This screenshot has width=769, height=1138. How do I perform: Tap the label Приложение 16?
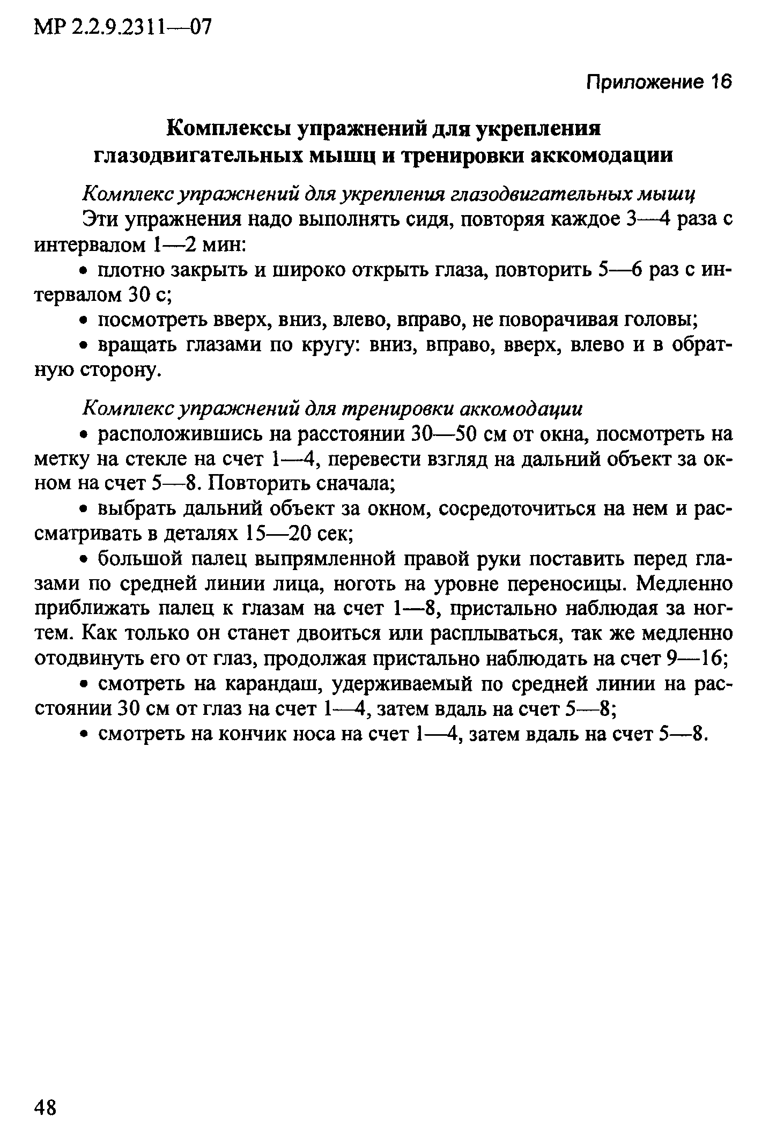pyautogui.click(x=659, y=82)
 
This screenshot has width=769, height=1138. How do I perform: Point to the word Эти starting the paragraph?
pyautogui.click(x=100, y=220)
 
